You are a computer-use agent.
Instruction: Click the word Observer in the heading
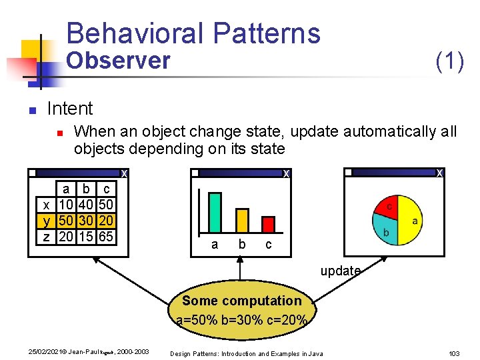coord(119,61)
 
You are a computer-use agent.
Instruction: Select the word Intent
coord(70,108)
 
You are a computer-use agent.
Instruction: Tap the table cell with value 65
coord(105,237)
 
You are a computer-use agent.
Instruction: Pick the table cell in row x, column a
coord(66,203)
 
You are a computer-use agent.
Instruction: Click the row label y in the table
coord(46,220)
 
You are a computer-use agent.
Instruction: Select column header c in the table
coord(105,189)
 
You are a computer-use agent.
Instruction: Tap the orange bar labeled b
coord(242,220)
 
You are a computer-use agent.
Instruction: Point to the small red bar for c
coord(268,224)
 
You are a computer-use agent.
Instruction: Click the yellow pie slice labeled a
coord(411,217)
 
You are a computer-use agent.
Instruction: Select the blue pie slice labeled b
coord(387,231)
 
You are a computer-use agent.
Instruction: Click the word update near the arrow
coord(340,271)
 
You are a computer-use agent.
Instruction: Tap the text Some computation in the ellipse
coord(241,301)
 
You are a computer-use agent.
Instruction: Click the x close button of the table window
coord(124,174)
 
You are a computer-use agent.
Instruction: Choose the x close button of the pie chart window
coord(439,173)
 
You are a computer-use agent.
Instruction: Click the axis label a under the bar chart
coord(214,245)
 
